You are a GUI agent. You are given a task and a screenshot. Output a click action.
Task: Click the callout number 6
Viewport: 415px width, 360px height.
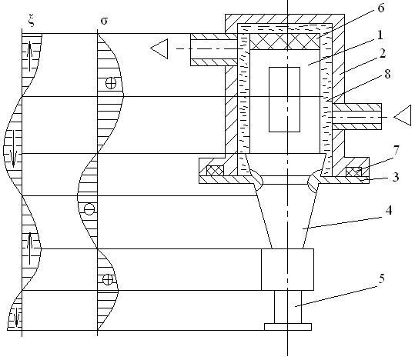[x=380, y=8]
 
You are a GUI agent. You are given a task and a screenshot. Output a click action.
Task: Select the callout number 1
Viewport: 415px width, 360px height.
[x=380, y=35]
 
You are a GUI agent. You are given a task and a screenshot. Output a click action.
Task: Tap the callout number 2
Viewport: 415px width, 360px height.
[x=383, y=53]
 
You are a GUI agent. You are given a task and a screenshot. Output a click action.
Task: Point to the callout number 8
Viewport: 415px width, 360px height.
[x=387, y=74]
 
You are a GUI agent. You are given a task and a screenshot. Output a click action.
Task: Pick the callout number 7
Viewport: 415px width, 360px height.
[x=396, y=151]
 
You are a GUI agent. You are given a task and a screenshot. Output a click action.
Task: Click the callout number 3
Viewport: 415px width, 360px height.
[x=396, y=176]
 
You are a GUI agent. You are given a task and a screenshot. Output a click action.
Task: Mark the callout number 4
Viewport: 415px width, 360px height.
[x=388, y=210]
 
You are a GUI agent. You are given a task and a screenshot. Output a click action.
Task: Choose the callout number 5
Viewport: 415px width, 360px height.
[x=381, y=278]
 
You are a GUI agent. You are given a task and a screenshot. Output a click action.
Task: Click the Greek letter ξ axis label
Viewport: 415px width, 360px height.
[x=32, y=22]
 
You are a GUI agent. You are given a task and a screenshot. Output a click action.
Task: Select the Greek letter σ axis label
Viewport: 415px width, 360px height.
[x=104, y=21]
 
